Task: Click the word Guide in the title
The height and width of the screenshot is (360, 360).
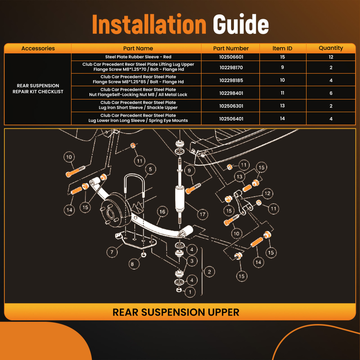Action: pyautogui.click(x=240, y=24)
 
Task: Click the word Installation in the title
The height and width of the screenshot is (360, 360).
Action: pyautogui.click(x=149, y=24)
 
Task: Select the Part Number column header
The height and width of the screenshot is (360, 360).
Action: pyautogui.click(x=231, y=48)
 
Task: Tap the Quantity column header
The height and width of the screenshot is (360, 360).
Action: pyautogui.click(x=330, y=48)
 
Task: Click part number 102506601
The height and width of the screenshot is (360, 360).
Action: pyautogui.click(x=231, y=57)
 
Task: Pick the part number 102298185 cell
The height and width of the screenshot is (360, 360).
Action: pyautogui.click(x=231, y=80)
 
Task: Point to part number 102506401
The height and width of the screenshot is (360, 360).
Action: pyautogui.click(x=231, y=119)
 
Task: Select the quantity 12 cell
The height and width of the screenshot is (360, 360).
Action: pyautogui.click(x=331, y=57)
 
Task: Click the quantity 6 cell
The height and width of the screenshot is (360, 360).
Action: pyautogui.click(x=331, y=93)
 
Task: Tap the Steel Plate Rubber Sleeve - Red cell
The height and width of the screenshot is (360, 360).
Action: pyautogui.click(x=138, y=57)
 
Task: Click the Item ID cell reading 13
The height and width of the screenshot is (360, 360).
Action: pyautogui.click(x=282, y=105)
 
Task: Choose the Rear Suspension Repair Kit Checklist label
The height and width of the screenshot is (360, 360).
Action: pyautogui.click(x=38, y=89)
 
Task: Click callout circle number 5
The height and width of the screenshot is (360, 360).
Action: pyautogui.click(x=150, y=170)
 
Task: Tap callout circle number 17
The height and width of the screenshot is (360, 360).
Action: pyautogui.click(x=202, y=214)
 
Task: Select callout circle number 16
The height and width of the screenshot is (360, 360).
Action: pyautogui.click(x=162, y=212)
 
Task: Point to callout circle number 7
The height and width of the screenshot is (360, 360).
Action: pyautogui.click(x=112, y=252)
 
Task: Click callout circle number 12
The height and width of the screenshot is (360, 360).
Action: pyautogui.click(x=267, y=194)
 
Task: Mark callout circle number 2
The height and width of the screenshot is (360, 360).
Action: pyautogui.click(x=209, y=272)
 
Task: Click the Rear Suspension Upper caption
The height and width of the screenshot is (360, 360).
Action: pyautogui.click(x=176, y=312)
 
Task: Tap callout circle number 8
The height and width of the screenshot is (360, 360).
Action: pyautogui.click(x=132, y=264)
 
